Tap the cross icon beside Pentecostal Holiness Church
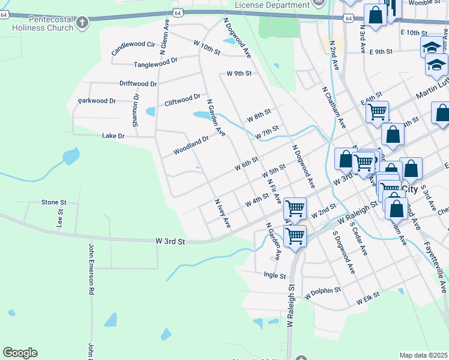click(82, 23)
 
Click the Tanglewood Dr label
click(156, 62)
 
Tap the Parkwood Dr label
click(97, 101)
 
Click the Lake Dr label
click(113, 136)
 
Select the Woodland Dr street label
click(191, 146)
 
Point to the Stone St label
click(53, 202)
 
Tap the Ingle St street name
click(275, 275)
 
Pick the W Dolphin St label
click(322, 293)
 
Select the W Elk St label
click(369, 298)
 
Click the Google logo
click(20, 353)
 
